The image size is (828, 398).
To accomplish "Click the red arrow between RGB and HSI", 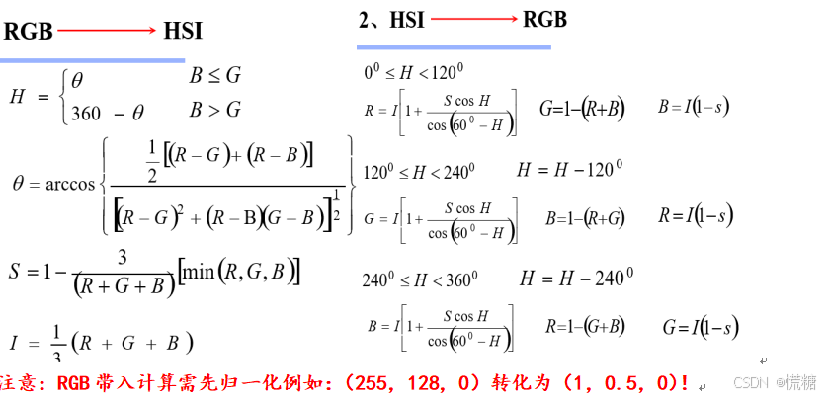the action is point(107,32).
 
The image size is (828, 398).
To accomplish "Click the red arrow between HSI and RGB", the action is point(472,20).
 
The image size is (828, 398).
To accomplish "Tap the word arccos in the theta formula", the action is point(70,184).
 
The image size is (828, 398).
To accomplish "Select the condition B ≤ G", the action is point(214,75).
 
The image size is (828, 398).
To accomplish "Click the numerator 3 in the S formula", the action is point(123,257).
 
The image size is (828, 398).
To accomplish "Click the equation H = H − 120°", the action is point(569,170).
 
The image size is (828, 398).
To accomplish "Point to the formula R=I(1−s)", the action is point(696,215).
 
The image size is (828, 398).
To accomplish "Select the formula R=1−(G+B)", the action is point(583,326).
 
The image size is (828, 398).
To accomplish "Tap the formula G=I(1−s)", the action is point(701,326).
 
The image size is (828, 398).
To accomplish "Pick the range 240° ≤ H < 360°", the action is point(420,279).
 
